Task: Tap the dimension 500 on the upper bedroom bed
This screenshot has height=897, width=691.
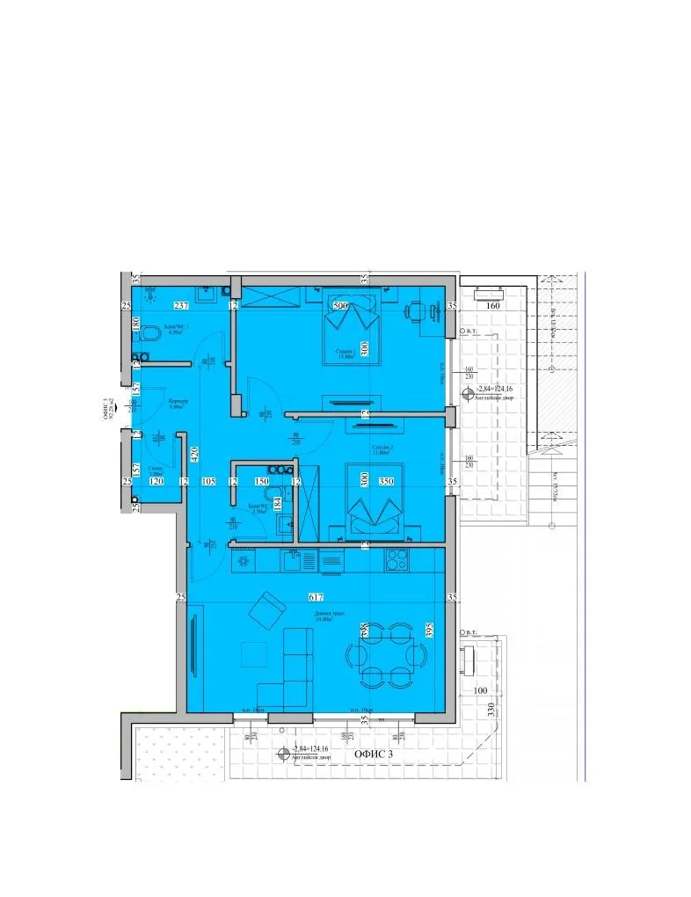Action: (x=341, y=306)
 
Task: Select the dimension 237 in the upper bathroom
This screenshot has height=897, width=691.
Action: (x=182, y=306)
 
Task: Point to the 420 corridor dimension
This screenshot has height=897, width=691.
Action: (x=195, y=455)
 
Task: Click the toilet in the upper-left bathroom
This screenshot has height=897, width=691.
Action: (x=150, y=335)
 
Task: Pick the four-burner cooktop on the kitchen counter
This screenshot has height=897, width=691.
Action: (x=396, y=558)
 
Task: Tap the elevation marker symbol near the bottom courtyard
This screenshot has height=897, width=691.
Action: (x=283, y=754)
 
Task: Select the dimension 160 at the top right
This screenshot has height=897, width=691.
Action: (x=492, y=307)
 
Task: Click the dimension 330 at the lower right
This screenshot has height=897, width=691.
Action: (x=491, y=711)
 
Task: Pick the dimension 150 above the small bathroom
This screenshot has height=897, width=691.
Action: (x=261, y=482)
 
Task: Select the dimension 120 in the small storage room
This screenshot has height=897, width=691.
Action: (x=156, y=482)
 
